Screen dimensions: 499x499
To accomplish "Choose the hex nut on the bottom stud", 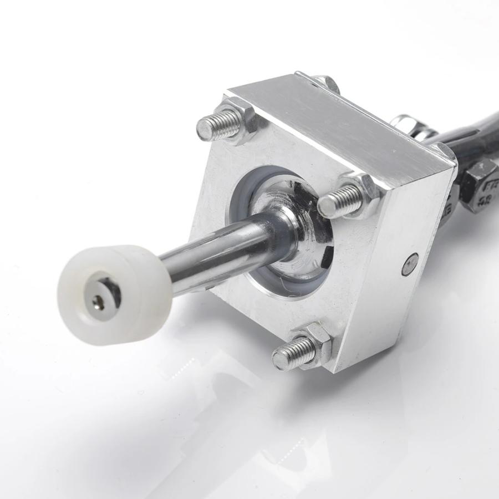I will [x=317, y=339].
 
